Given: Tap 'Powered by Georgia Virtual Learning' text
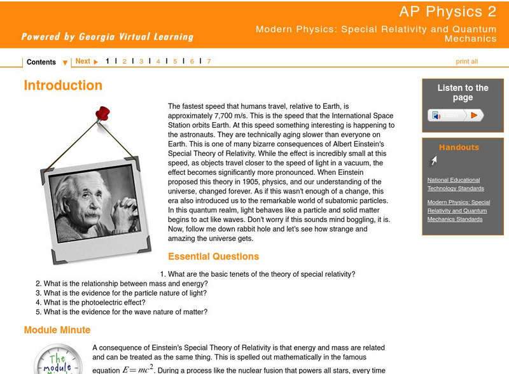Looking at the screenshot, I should tap(107, 36).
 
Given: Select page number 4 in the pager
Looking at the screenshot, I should tap(158, 62).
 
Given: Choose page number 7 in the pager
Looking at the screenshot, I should tap(209, 62).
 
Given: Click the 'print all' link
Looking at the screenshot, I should tap(466, 62).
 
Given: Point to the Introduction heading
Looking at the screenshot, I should tap(63, 85).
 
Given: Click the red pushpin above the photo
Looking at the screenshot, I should tap(102, 114).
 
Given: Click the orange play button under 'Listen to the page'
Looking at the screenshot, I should tap(474, 115).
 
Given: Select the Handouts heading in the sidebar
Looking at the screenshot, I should tap(459, 148).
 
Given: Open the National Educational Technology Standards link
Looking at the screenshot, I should tap(455, 184).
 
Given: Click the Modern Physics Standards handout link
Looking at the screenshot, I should tap(458, 211).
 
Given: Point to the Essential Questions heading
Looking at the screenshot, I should tap(213, 257).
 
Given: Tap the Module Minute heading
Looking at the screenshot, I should tap(57, 330).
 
